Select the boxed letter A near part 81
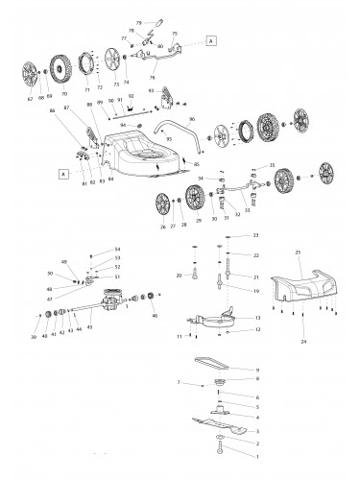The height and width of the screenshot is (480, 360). click(x=63, y=175)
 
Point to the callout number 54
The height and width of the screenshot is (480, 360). click(x=117, y=250)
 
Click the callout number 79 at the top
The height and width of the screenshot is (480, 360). click(x=138, y=21)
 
